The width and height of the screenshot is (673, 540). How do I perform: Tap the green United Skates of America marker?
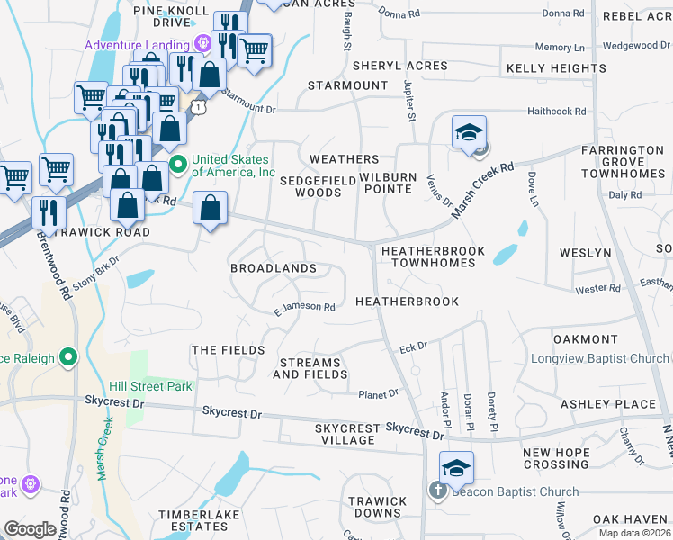[x=177, y=164]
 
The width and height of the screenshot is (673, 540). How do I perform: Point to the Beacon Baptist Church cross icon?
[x=437, y=491]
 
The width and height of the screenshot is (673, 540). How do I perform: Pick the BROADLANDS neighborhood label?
[x=273, y=268]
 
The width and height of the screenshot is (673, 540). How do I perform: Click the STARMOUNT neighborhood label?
[x=347, y=85]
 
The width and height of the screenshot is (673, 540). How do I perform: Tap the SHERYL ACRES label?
[x=399, y=66]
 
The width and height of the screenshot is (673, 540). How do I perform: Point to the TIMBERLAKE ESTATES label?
[x=193, y=520]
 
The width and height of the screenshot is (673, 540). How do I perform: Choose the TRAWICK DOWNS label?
[x=377, y=507]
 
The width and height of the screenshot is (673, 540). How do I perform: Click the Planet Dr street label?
[x=378, y=393]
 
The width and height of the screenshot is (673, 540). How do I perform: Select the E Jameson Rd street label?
[x=305, y=307]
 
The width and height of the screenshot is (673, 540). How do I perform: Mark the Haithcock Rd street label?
[x=555, y=112]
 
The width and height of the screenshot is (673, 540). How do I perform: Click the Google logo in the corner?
[x=30, y=529]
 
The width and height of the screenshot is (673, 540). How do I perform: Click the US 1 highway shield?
[x=197, y=107]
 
